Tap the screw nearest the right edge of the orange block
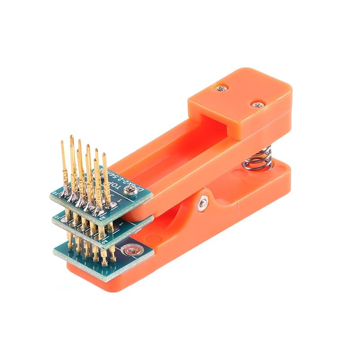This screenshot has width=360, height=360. [x=257, y=105]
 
